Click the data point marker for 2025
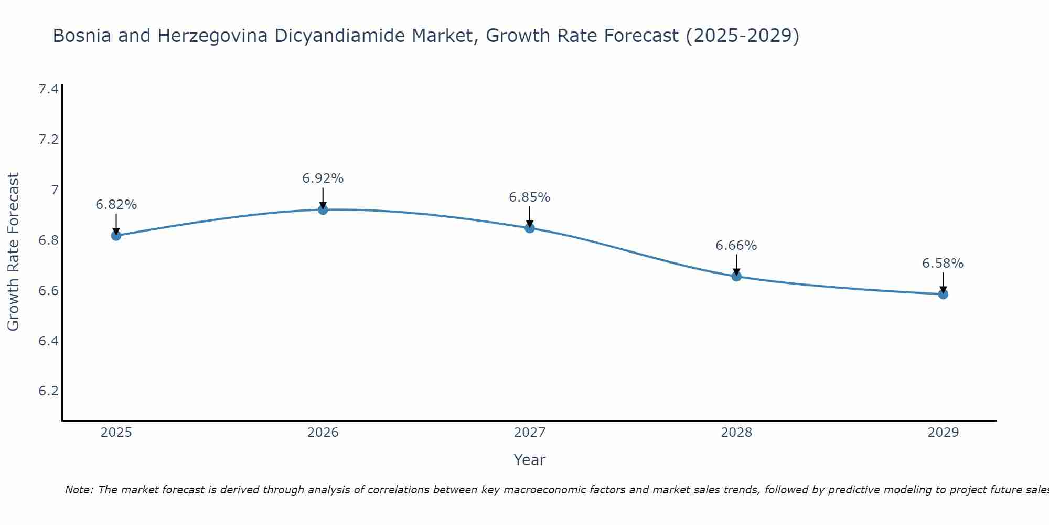coord(116,235)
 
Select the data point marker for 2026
coord(323,209)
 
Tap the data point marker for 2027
coord(530,228)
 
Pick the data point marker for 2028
coord(736,276)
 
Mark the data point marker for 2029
coord(943,294)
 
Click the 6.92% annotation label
coord(323,178)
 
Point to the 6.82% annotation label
coord(116,205)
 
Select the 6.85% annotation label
coord(530,197)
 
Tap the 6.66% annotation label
coord(736,246)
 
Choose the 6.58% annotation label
coord(943,264)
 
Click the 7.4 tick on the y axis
coord(48,89)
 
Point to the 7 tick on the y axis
coord(55,190)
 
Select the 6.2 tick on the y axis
coord(48,391)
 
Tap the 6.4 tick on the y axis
coord(48,341)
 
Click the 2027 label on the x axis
coord(530,433)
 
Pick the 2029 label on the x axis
coord(943,433)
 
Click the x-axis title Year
coord(530,460)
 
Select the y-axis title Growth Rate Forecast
coord(13,252)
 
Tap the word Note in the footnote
coord(78,490)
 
